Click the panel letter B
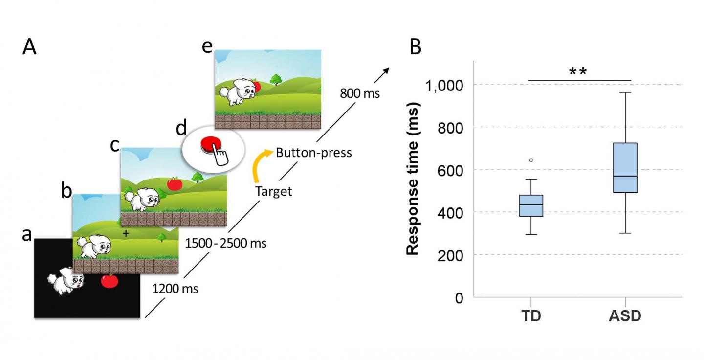click(x=415, y=47)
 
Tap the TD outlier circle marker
click(x=531, y=160)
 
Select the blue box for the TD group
click(x=531, y=205)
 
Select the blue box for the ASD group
click(x=625, y=167)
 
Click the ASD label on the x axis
click(x=625, y=316)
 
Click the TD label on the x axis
click(x=531, y=316)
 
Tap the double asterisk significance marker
click(x=577, y=72)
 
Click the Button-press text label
click(x=313, y=153)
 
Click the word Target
click(x=273, y=191)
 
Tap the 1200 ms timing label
click(x=176, y=289)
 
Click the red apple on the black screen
click(x=110, y=281)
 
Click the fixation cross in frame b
click(x=126, y=234)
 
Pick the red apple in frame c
click(x=175, y=183)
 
